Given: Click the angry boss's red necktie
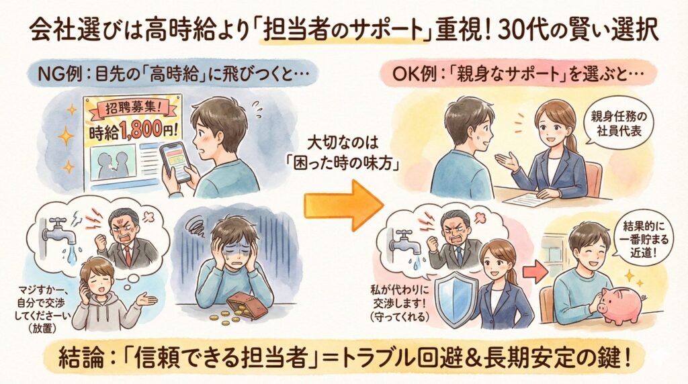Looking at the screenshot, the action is coord(128,256).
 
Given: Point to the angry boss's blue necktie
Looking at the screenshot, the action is coord(459,256).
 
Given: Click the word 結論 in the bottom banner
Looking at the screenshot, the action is coord(81,358).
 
